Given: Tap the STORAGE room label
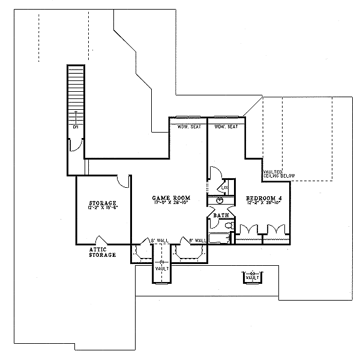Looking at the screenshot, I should (x=102, y=203).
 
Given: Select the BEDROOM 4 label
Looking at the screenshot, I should (x=264, y=197).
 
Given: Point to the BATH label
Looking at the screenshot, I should (x=220, y=214).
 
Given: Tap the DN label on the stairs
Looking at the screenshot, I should (x=76, y=128).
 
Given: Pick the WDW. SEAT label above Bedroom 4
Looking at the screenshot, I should (x=226, y=127).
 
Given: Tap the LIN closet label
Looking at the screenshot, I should (x=224, y=188).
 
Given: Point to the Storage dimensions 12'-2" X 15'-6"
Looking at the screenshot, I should (x=102, y=208).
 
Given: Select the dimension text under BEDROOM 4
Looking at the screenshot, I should (x=264, y=203).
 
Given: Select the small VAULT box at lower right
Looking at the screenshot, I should (x=252, y=277).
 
